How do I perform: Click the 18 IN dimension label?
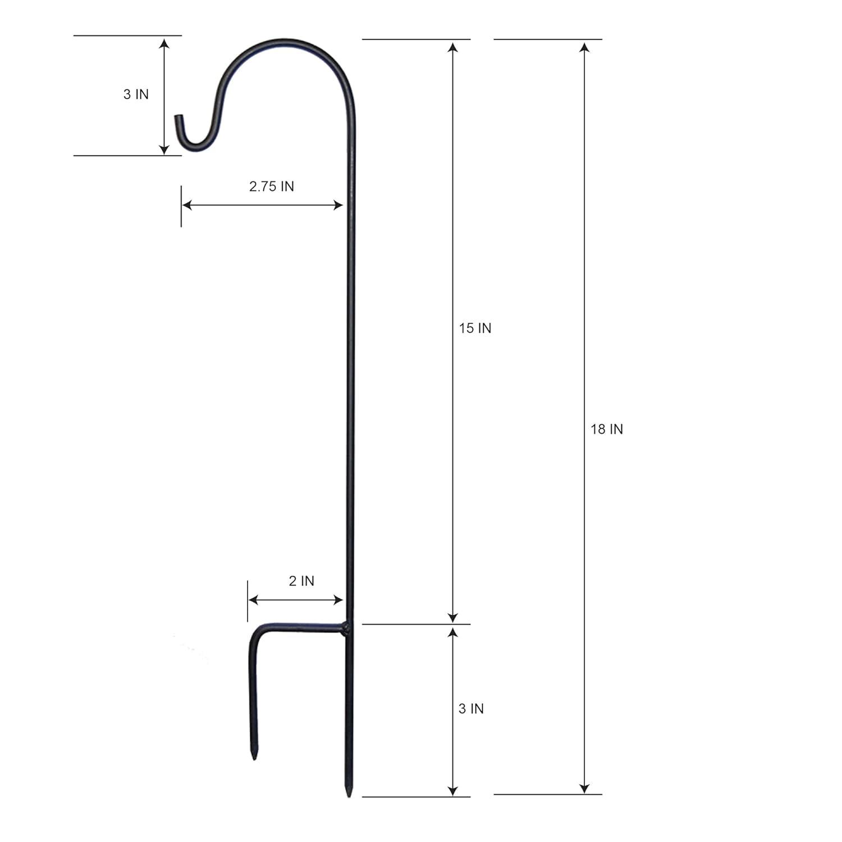click(x=606, y=429)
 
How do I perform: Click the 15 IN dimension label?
click(x=475, y=328)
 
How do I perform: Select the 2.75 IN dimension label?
click(x=271, y=186)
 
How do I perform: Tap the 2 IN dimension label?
click(x=301, y=581)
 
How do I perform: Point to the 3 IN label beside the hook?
click(x=136, y=94)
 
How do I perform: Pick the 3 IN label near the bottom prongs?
click(x=470, y=709)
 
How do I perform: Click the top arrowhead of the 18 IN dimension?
click(x=584, y=46)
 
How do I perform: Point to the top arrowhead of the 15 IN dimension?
click(x=453, y=46)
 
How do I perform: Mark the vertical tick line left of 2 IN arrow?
click(x=248, y=601)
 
